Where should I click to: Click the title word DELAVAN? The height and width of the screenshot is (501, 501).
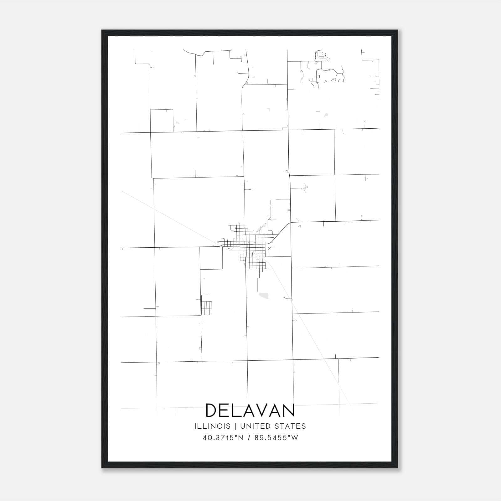250,411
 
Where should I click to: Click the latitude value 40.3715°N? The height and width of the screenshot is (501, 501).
223,438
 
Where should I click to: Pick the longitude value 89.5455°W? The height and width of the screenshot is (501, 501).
276,438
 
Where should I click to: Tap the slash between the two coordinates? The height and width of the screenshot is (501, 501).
249,438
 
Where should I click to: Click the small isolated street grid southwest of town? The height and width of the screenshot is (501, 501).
206,308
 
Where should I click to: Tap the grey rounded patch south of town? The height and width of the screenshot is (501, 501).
264,295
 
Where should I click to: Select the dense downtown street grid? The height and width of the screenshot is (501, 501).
252,247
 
